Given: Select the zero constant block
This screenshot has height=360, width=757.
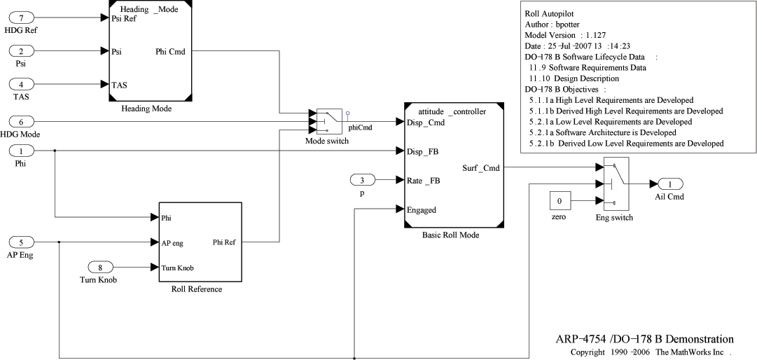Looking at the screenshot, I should (x=559, y=202).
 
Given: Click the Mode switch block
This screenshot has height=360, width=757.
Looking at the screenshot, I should (x=328, y=121).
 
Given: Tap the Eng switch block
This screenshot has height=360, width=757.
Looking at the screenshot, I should (x=616, y=184).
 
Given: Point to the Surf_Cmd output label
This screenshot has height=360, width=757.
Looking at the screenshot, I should (x=481, y=168).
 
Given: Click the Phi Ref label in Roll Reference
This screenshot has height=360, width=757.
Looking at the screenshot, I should (x=225, y=243).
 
